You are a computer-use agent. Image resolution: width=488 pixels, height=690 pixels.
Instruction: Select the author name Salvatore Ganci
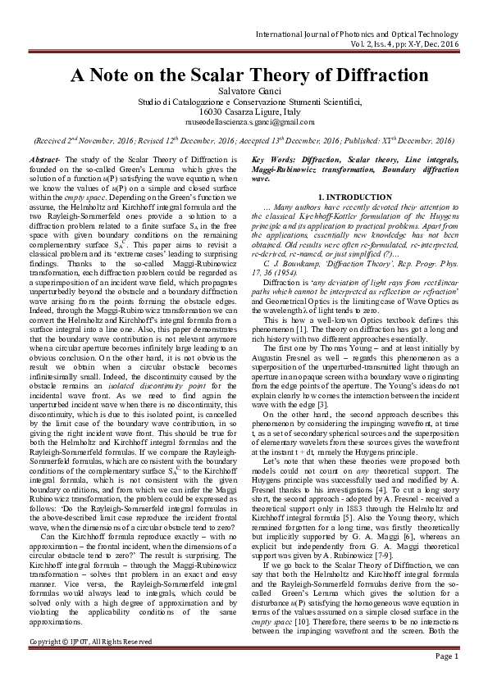(244, 90)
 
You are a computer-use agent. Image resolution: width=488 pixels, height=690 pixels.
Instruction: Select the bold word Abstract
(43, 158)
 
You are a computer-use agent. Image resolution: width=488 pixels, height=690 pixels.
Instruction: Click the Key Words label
(270, 158)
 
